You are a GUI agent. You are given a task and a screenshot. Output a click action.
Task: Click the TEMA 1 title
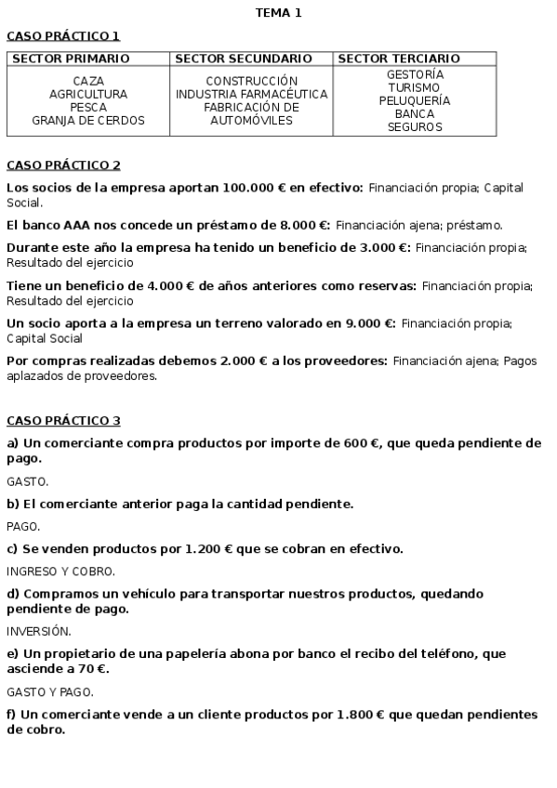click(x=278, y=13)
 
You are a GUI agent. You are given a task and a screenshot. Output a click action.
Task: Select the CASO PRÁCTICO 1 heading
click(x=63, y=36)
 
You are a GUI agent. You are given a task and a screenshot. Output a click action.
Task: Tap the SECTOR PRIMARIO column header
click(x=71, y=59)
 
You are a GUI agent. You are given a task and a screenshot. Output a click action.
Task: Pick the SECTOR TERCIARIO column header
click(x=399, y=59)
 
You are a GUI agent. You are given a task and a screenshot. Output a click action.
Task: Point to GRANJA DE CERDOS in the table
click(x=88, y=121)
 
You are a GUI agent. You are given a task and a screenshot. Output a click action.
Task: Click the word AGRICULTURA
click(x=88, y=95)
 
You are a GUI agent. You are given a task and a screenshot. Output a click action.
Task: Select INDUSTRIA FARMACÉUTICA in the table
click(x=251, y=95)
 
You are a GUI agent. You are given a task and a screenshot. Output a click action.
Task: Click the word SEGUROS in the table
click(x=415, y=127)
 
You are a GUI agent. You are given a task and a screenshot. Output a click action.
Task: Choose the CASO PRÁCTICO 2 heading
click(x=63, y=165)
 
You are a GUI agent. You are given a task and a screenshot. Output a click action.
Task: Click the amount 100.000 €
click(x=243, y=188)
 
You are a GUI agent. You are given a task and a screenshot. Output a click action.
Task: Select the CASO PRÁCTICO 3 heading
click(x=63, y=421)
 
